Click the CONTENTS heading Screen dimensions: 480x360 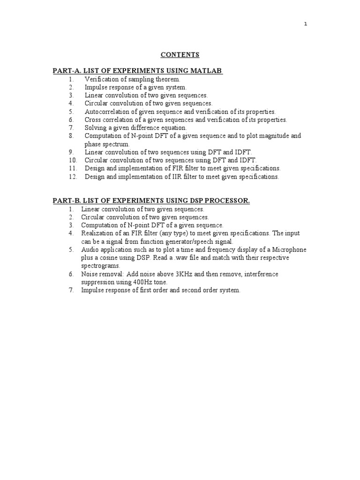[x=180, y=55]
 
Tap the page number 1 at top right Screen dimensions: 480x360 [x=306, y=24]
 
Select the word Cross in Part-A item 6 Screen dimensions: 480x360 [x=93, y=120]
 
